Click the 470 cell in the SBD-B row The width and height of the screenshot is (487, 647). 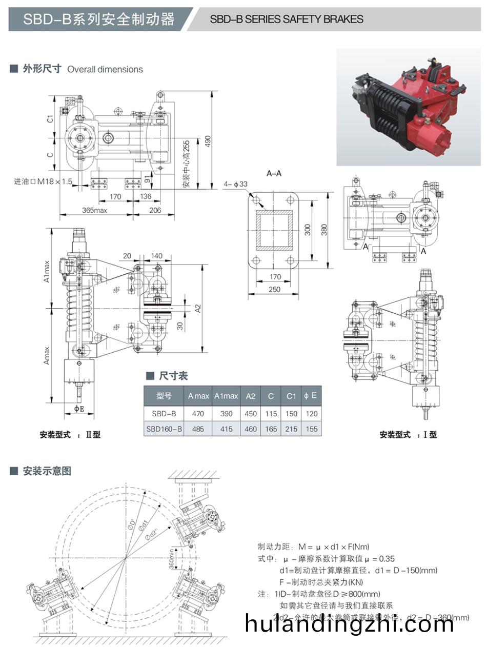198,414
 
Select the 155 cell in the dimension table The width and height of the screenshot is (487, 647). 311,429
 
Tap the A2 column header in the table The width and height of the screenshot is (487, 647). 251,396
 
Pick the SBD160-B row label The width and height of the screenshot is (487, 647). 164,429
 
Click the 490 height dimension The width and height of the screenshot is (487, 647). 207,141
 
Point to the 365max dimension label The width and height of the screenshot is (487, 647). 94,210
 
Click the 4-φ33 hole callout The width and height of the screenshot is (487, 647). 235,184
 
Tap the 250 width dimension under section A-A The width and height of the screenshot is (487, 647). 275,290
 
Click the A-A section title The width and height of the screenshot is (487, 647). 274,173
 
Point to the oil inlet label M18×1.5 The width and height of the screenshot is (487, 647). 44,181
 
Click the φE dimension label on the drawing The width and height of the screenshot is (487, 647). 79,409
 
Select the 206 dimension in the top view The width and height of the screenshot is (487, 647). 155,210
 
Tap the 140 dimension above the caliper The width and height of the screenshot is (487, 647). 156,256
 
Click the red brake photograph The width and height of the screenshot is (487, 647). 408,108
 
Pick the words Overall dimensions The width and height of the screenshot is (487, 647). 105,69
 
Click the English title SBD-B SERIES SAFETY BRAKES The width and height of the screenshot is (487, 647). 287,19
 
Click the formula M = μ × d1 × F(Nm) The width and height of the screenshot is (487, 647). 313,547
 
